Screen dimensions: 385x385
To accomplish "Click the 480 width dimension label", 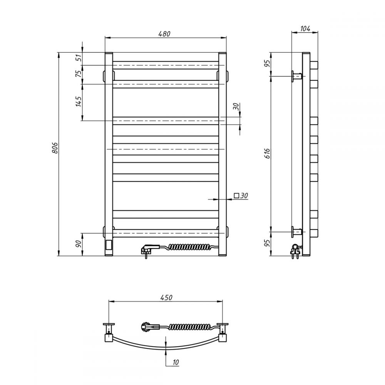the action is click(x=164, y=33).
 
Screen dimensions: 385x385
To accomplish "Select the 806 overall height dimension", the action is click(x=55, y=148).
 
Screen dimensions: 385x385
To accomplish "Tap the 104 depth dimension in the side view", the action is click(x=305, y=28).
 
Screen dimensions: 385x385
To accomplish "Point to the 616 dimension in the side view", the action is click(x=268, y=153).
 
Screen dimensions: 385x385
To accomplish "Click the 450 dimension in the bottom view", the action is click(x=166, y=297).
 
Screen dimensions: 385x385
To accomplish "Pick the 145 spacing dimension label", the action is click(x=78, y=101).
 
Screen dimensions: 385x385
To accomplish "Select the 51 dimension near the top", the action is click(x=78, y=58).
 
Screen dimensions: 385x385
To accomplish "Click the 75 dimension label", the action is click(x=78, y=74).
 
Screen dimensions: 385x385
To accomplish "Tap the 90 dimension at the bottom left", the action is click(x=78, y=244).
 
